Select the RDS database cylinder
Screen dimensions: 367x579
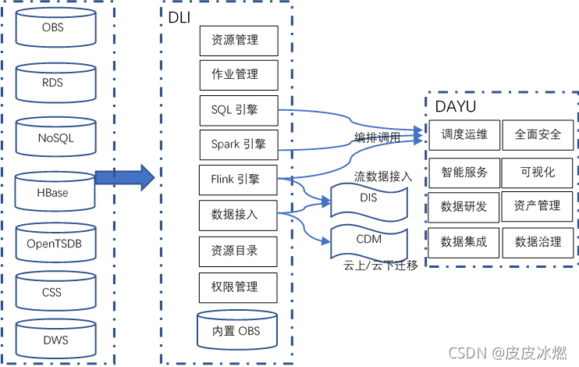[53, 83]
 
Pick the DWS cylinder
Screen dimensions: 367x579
[53, 340]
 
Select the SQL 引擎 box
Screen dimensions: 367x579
[239, 110]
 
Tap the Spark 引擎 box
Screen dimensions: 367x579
[239, 144]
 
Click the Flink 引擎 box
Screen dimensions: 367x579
[239, 180]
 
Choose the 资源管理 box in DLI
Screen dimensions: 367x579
[239, 40]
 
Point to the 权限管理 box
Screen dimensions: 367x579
[239, 286]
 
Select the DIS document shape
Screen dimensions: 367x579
[369, 199]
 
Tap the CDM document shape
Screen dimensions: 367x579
[369, 240]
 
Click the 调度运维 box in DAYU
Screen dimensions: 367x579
[464, 134]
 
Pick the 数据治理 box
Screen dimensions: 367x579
[538, 242]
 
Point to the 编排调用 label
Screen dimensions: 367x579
[377, 137]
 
